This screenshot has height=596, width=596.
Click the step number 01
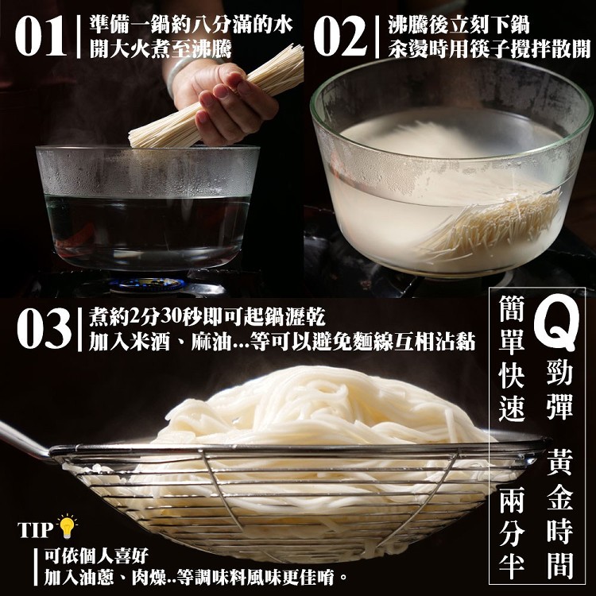(41, 36)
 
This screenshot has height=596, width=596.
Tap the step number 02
(340, 36)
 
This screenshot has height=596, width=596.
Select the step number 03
(44, 328)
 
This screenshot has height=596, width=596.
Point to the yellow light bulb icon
(68, 526)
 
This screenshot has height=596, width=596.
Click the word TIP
(35, 530)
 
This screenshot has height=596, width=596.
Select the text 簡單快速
(512, 358)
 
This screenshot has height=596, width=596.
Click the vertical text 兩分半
(512, 532)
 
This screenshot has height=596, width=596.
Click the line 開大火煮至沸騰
(161, 48)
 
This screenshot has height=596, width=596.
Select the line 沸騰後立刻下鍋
(459, 25)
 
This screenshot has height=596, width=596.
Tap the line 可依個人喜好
(96, 556)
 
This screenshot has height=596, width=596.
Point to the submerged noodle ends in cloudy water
(494, 224)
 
